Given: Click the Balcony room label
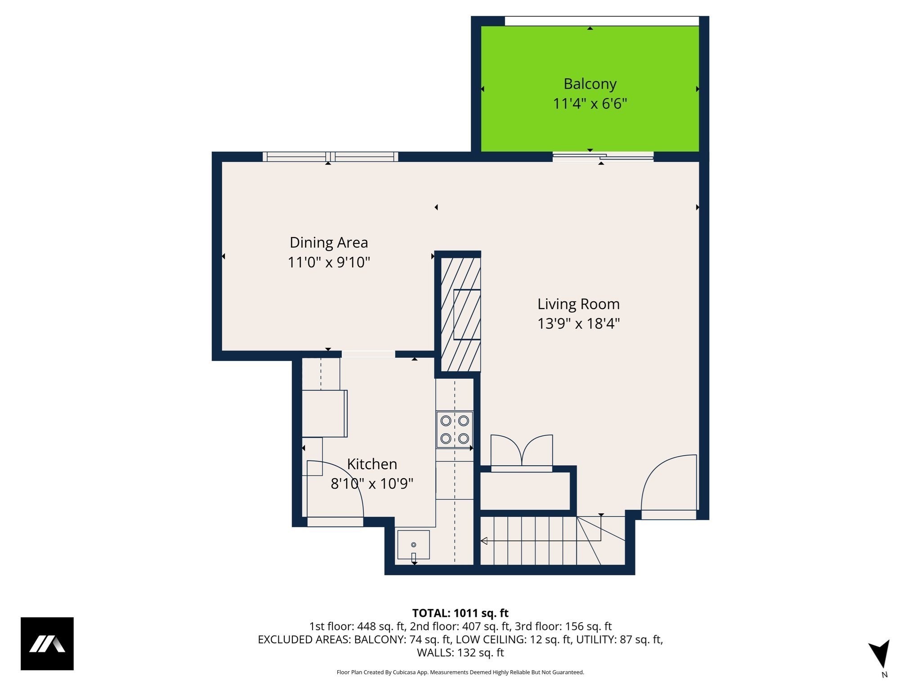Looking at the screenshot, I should (590, 84).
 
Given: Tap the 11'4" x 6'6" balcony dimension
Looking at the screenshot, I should (590, 104).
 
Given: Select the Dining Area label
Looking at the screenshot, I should (329, 242).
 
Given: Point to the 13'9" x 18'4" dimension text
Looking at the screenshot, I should (578, 323).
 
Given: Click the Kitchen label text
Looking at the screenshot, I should (372, 464).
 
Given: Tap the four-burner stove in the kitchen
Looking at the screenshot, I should (455, 429).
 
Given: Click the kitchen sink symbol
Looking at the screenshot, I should (413, 545).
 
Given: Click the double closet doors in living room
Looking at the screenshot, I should (522, 452).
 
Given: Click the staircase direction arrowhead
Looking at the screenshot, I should (484, 541).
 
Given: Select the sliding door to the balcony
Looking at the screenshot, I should (603, 157).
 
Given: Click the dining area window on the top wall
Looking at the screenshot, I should (330, 157).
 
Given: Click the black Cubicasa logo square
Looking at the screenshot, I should (47, 643).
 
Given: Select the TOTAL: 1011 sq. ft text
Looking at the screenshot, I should (460, 613).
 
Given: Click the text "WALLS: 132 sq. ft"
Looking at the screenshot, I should (460, 652).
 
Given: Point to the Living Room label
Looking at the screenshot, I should (578, 304).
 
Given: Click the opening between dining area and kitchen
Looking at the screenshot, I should (368, 354).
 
